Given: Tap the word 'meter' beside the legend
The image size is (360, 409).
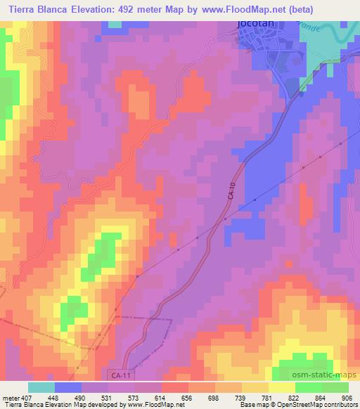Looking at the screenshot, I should [x=8, y=397].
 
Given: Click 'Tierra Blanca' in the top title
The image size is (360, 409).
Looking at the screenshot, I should [x=36, y=8].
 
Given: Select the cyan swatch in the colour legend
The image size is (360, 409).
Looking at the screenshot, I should [x=41, y=387].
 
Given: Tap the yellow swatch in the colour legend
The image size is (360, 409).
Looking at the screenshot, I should [x=282, y=387].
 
